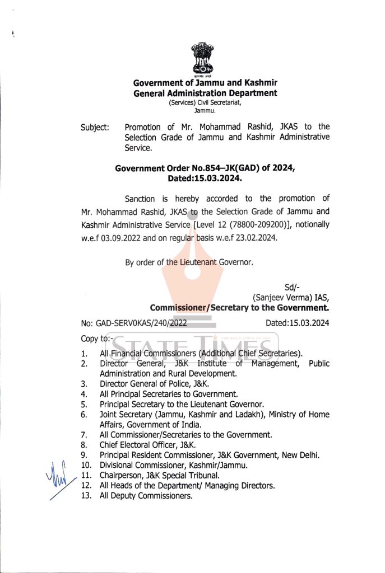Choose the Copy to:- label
97,339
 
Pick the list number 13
86,496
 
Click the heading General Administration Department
205,93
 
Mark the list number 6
84,415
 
